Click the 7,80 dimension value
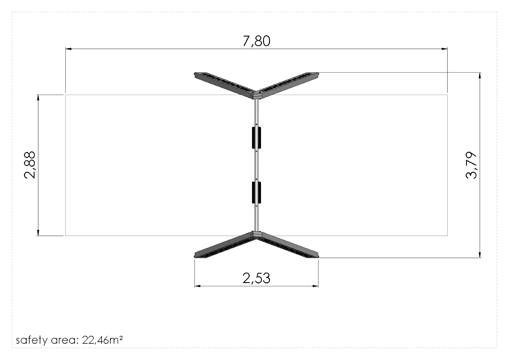coord(256,41)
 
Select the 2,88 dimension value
coord(30,165)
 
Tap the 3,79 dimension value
coord(471,165)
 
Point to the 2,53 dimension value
coord(256,278)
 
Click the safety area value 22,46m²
coord(102,340)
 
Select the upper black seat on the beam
coord(256,138)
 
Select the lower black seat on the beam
coord(256,193)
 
